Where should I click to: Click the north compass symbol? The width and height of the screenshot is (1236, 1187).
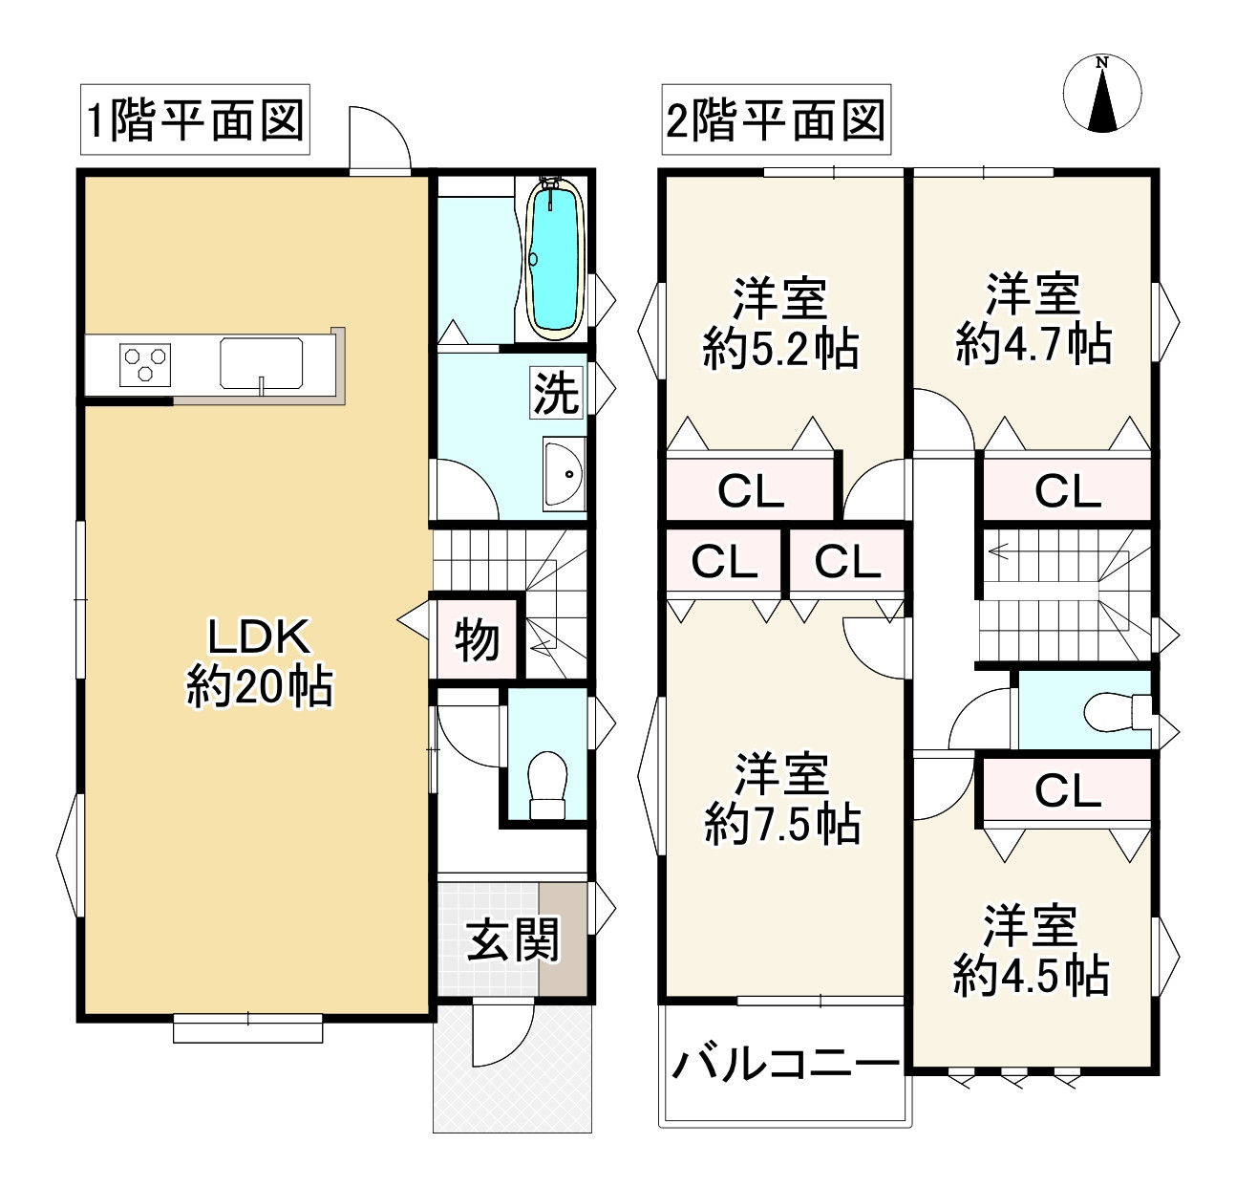(x=1102, y=94)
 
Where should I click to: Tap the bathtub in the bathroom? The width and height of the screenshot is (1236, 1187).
(x=555, y=259)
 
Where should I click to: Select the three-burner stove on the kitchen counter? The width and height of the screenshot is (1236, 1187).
(x=145, y=365)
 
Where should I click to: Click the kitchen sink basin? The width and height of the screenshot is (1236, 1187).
(x=261, y=363)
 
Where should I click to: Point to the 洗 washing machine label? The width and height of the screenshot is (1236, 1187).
(x=556, y=394)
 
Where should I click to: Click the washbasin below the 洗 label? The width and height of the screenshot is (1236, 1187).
(x=564, y=474)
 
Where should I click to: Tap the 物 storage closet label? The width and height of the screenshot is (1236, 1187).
(x=477, y=640)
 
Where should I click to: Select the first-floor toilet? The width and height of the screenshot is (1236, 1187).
(x=547, y=786)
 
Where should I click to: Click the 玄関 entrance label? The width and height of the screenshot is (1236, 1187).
(x=513, y=939)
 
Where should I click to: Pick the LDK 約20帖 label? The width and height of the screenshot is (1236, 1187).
(x=259, y=662)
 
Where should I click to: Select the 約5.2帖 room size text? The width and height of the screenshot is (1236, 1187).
(x=780, y=349)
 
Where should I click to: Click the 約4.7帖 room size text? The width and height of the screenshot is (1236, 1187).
(x=1034, y=344)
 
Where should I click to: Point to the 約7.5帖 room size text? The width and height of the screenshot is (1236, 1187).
(x=782, y=824)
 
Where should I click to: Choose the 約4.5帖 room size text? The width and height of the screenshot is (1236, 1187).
(x=1032, y=976)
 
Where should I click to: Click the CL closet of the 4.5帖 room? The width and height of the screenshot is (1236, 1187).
(x=1067, y=791)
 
